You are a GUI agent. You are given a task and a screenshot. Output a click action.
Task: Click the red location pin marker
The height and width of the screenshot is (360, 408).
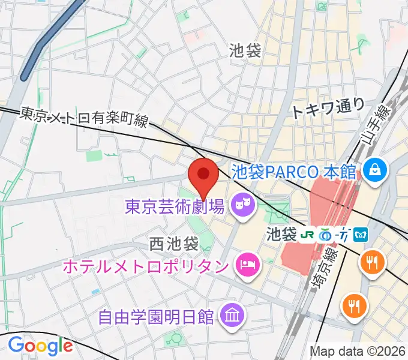pos(203,175)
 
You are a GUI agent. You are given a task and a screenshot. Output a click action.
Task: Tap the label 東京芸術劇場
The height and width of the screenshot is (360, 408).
pos(175,208)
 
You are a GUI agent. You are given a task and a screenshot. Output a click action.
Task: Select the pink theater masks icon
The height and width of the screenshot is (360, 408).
pos(243,207)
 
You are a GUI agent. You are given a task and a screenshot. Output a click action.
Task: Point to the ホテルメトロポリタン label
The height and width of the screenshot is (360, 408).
pos(162,264)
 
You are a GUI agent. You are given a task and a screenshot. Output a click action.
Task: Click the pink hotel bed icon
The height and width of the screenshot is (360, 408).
pos(245,264)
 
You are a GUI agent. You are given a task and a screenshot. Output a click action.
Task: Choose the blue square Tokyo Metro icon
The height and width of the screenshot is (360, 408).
pos(361,233)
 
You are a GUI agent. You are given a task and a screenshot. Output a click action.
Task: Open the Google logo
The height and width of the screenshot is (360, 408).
pos(40,346)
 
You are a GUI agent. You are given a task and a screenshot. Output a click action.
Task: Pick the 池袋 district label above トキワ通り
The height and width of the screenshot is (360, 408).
pos(245,52)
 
